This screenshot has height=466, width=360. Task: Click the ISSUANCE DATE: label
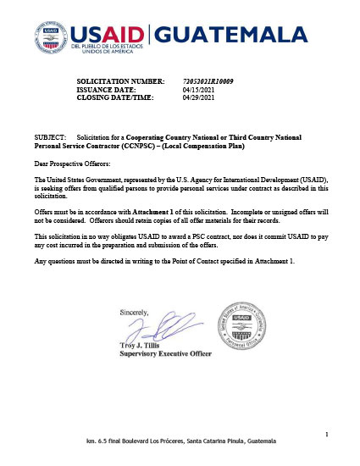point(108,89)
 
